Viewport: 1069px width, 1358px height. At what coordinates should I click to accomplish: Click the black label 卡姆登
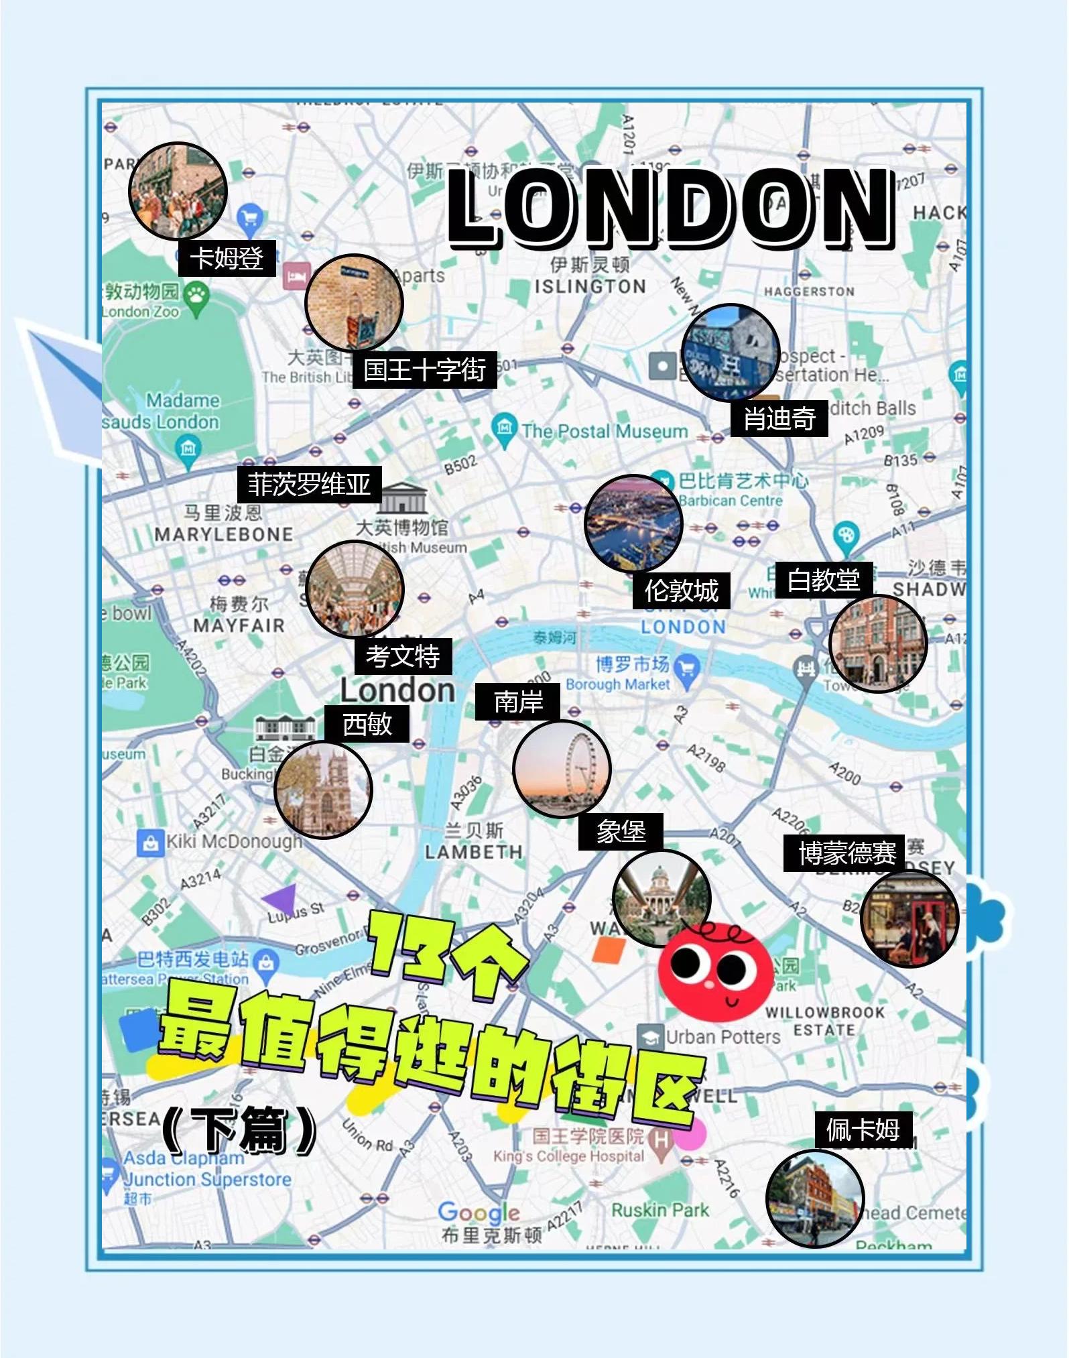click(227, 257)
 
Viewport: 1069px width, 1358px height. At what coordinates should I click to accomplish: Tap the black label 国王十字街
click(424, 369)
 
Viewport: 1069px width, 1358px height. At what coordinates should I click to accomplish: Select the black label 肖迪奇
click(779, 418)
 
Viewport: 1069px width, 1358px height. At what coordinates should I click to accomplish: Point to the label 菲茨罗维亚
click(309, 484)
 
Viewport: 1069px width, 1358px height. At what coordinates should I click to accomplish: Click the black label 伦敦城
click(681, 591)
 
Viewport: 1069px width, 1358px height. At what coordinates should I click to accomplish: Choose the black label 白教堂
click(823, 579)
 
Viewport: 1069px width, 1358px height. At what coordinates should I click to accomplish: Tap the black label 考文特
click(403, 656)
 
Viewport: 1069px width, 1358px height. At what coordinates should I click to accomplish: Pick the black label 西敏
click(367, 723)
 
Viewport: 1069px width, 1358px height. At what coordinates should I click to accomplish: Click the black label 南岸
click(517, 702)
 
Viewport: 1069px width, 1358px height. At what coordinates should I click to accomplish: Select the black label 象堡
click(621, 832)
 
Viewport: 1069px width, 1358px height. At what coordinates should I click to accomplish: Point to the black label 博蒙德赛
click(846, 853)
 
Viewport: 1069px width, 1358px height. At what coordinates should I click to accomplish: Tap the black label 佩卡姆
click(863, 1129)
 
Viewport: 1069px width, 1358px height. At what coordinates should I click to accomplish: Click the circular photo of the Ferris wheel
click(562, 769)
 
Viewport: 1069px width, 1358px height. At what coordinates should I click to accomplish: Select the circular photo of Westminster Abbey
click(323, 789)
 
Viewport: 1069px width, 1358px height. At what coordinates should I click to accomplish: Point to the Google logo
click(479, 1212)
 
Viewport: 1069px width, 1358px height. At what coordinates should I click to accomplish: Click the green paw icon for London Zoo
click(196, 296)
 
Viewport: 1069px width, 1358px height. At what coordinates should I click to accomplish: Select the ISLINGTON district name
click(590, 287)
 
